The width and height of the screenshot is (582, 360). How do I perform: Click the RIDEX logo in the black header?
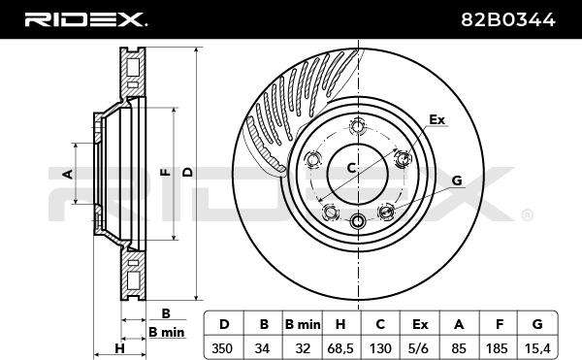click(x=85, y=19)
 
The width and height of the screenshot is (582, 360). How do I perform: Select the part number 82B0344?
click(x=508, y=19)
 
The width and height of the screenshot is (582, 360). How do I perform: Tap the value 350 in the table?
click(x=222, y=348)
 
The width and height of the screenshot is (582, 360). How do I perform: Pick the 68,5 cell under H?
click(x=340, y=348)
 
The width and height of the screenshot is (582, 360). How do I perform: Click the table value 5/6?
click(x=420, y=348)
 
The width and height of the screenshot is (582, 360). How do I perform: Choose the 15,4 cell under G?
click(x=537, y=348)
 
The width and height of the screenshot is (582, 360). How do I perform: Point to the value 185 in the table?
click(x=497, y=348)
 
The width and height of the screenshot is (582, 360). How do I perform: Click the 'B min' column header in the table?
click(x=303, y=324)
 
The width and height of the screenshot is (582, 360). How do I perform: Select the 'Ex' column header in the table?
click(x=420, y=324)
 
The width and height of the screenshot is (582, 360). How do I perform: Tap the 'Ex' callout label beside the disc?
click(x=436, y=119)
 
